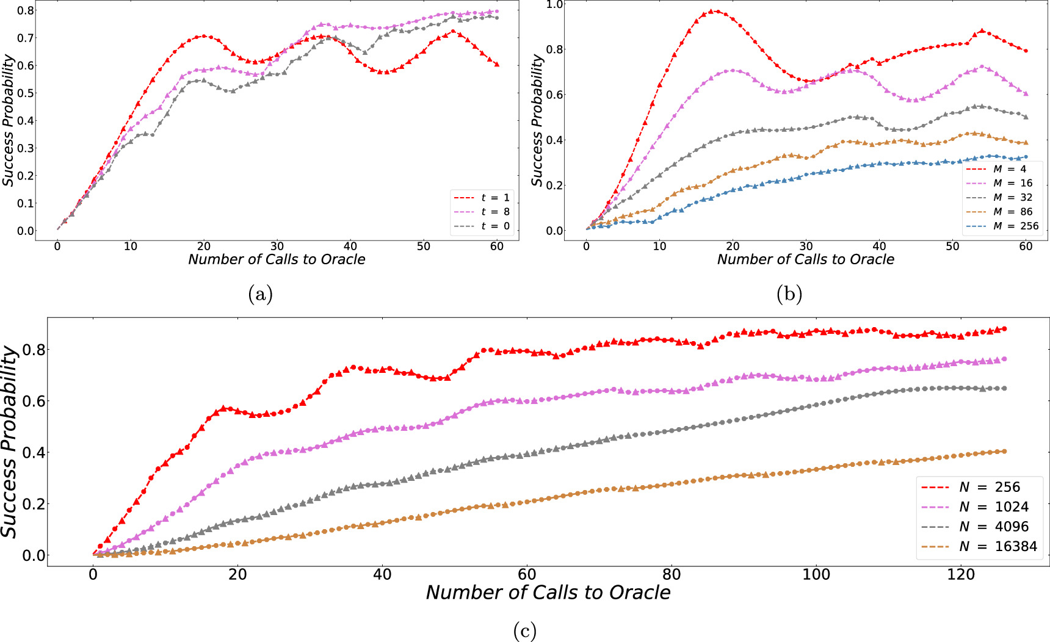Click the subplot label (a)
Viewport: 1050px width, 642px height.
(261, 295)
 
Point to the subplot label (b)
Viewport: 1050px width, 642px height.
(789, 295)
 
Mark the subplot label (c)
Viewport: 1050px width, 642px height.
(525, 630)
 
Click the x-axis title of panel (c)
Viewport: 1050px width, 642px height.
(548, 592)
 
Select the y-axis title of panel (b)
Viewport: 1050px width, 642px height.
(537, 120)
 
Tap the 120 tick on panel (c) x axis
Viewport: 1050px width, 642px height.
(961, 574)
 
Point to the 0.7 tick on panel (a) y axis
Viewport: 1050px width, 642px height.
(26, 38)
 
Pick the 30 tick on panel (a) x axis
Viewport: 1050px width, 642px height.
(277, 246)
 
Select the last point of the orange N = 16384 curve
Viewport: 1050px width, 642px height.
(1004, 452)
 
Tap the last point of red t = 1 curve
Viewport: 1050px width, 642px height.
(497, 64)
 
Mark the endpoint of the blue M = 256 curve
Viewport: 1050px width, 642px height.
(1026, 157)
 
